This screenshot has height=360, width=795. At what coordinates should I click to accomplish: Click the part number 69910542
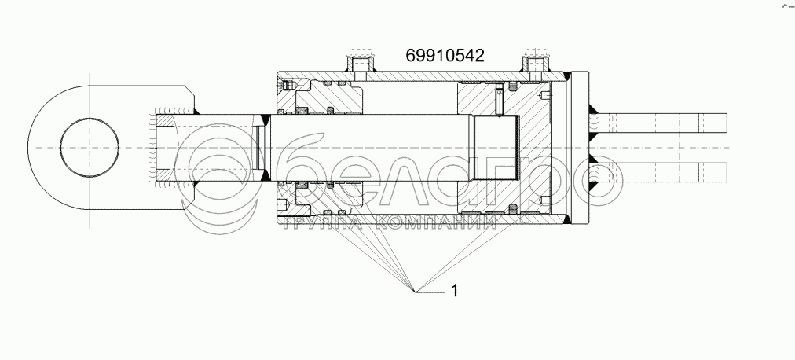point(445,56)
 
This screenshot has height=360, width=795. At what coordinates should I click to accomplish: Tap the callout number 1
point(454,291)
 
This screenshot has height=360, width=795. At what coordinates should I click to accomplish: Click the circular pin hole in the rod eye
point(90,148)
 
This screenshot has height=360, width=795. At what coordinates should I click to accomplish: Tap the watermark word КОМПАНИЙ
point(437,222)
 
